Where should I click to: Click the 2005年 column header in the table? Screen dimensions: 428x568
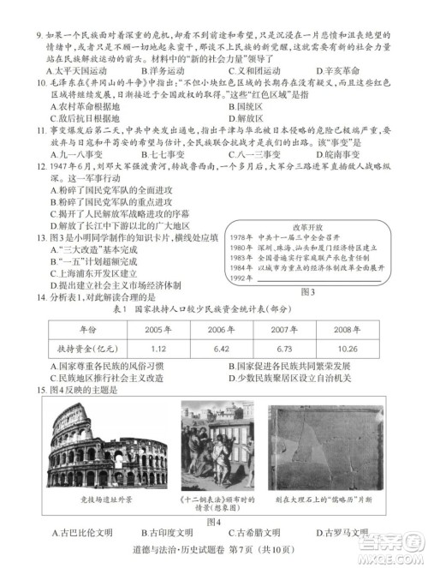pos(157,327)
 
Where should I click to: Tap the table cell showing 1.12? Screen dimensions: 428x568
pos(157,349)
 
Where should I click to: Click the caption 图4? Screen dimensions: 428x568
pos(213,522)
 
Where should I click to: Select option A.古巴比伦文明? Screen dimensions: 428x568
pos(80,533)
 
